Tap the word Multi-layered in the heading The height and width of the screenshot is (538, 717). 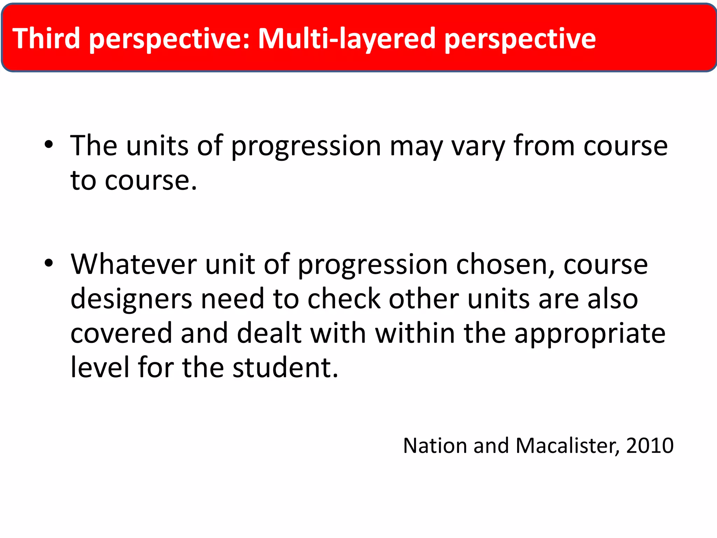pyautogui.click(x=347, y=39)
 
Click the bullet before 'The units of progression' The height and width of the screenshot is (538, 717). pyautogui.click(x=49, y=145)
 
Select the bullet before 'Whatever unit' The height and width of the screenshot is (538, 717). pyautogui.click(x=49, y=263)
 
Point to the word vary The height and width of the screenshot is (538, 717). pyautogui.click(x=478, y=146)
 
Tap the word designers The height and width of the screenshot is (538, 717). pyautogui.click(x=131, y=300)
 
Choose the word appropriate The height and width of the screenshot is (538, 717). pyautogui.click(x=590, y=334)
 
